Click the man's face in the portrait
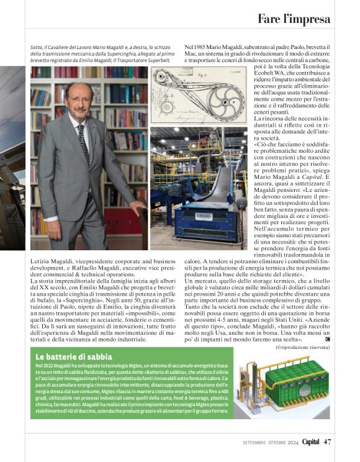point(80,100)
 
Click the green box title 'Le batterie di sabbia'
point(74,357)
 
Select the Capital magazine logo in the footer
point(307,442)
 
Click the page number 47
point(328,442)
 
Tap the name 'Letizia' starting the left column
point(40,261)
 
